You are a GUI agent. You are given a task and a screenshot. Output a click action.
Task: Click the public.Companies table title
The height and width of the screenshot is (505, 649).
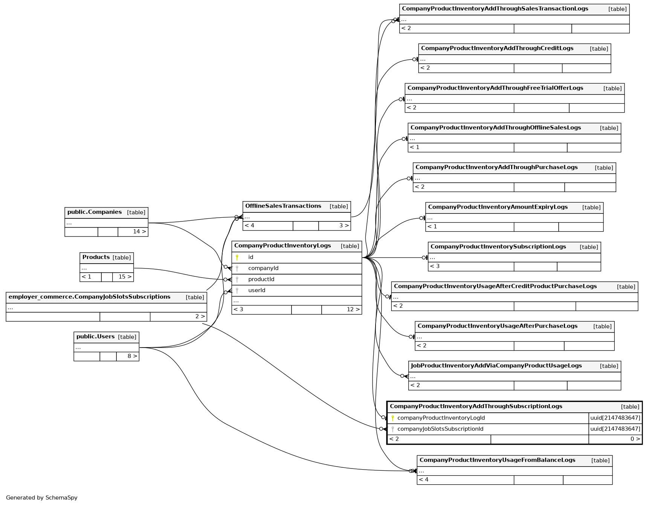[x=95, y=212]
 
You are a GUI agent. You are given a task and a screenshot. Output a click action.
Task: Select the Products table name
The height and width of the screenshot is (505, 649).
[x=96, y=257]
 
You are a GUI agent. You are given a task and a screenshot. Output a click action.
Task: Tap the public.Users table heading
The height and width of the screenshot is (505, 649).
[x=95, y=337]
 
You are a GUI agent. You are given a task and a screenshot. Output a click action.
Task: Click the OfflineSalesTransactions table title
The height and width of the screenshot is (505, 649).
[x=283, y=206]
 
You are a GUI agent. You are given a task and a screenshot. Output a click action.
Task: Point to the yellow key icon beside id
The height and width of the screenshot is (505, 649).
[x=237, y=258]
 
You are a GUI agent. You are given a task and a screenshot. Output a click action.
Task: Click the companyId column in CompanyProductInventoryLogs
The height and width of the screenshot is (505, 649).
[x=263, y=268]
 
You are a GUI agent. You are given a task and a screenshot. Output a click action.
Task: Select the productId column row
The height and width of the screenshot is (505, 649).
[x=261, y=279]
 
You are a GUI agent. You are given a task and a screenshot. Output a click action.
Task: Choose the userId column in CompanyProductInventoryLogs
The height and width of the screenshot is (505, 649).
[x=257, y=290]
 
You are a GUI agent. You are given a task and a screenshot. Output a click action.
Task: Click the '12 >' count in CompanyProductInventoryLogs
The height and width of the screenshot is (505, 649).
[x=353, y=310]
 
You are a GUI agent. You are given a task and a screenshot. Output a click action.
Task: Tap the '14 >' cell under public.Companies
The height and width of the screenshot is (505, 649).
[x=139, y=232]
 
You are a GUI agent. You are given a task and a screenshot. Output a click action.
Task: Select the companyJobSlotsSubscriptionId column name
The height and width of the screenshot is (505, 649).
[x=440, y=429]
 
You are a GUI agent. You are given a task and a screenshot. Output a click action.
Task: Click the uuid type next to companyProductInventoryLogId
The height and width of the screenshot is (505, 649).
[x=615, y=418]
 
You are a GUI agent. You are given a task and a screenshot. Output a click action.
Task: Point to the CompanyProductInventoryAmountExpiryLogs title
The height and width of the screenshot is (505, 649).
[x=498, y=207]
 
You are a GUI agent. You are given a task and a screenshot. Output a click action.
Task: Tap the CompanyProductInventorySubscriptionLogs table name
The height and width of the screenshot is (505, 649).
[x=498, y=247]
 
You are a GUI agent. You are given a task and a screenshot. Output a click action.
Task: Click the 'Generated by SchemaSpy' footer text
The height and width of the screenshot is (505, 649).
[x=42, y=498]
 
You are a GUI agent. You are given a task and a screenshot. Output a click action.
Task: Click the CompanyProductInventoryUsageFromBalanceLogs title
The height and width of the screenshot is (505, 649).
[x=497, y=460]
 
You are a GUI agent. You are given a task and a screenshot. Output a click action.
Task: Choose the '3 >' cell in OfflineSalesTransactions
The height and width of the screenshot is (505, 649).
[x=344, y=226]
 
